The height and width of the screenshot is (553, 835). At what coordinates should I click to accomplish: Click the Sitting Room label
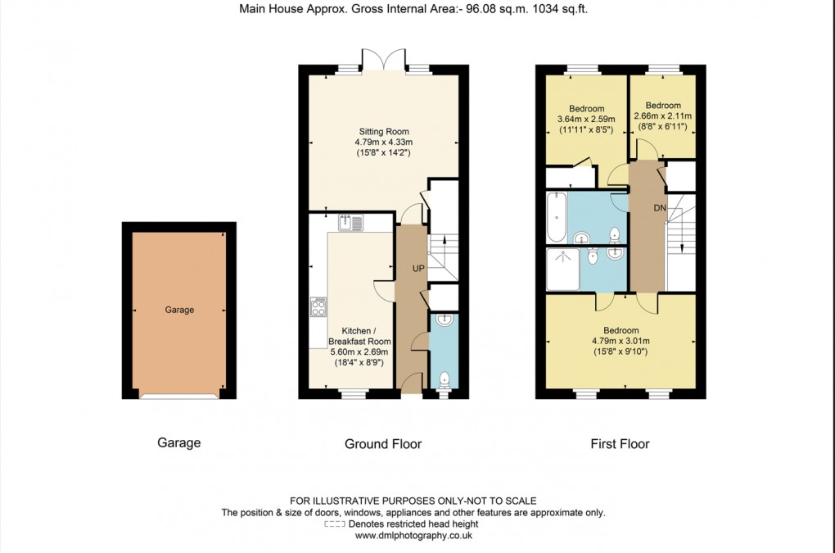[x=383, y=131]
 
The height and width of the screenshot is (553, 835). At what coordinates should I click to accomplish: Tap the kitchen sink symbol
[x=350, y=222]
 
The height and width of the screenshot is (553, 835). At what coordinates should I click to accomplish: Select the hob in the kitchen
[x=318, y=307]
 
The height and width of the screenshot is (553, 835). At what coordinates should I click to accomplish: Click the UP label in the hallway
[x=418, y=269]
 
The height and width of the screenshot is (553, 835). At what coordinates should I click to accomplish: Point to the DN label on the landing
[x=660, y=209]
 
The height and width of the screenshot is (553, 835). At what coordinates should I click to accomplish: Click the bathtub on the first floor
[x=556, y=217]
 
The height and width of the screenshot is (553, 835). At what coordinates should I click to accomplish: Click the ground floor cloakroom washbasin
[x=443, y=320]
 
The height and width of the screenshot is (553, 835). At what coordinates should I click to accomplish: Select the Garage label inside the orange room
[x=179, y=310]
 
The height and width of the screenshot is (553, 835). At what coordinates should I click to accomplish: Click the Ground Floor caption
[x=382, y=444]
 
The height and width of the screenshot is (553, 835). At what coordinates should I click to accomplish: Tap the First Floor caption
[x=620, y=444]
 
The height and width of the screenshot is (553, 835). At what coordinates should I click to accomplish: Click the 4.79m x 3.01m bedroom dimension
[x=620, y=342]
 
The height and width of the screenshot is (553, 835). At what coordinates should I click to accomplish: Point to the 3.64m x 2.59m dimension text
[x=586, y=120]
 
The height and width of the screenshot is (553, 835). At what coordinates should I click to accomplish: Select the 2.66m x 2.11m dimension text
[x=662, y=116]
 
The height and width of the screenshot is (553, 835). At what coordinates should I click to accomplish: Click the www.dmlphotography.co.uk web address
[x=413, y=536]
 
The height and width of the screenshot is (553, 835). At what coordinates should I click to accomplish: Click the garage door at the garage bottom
[x=179, y=396]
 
